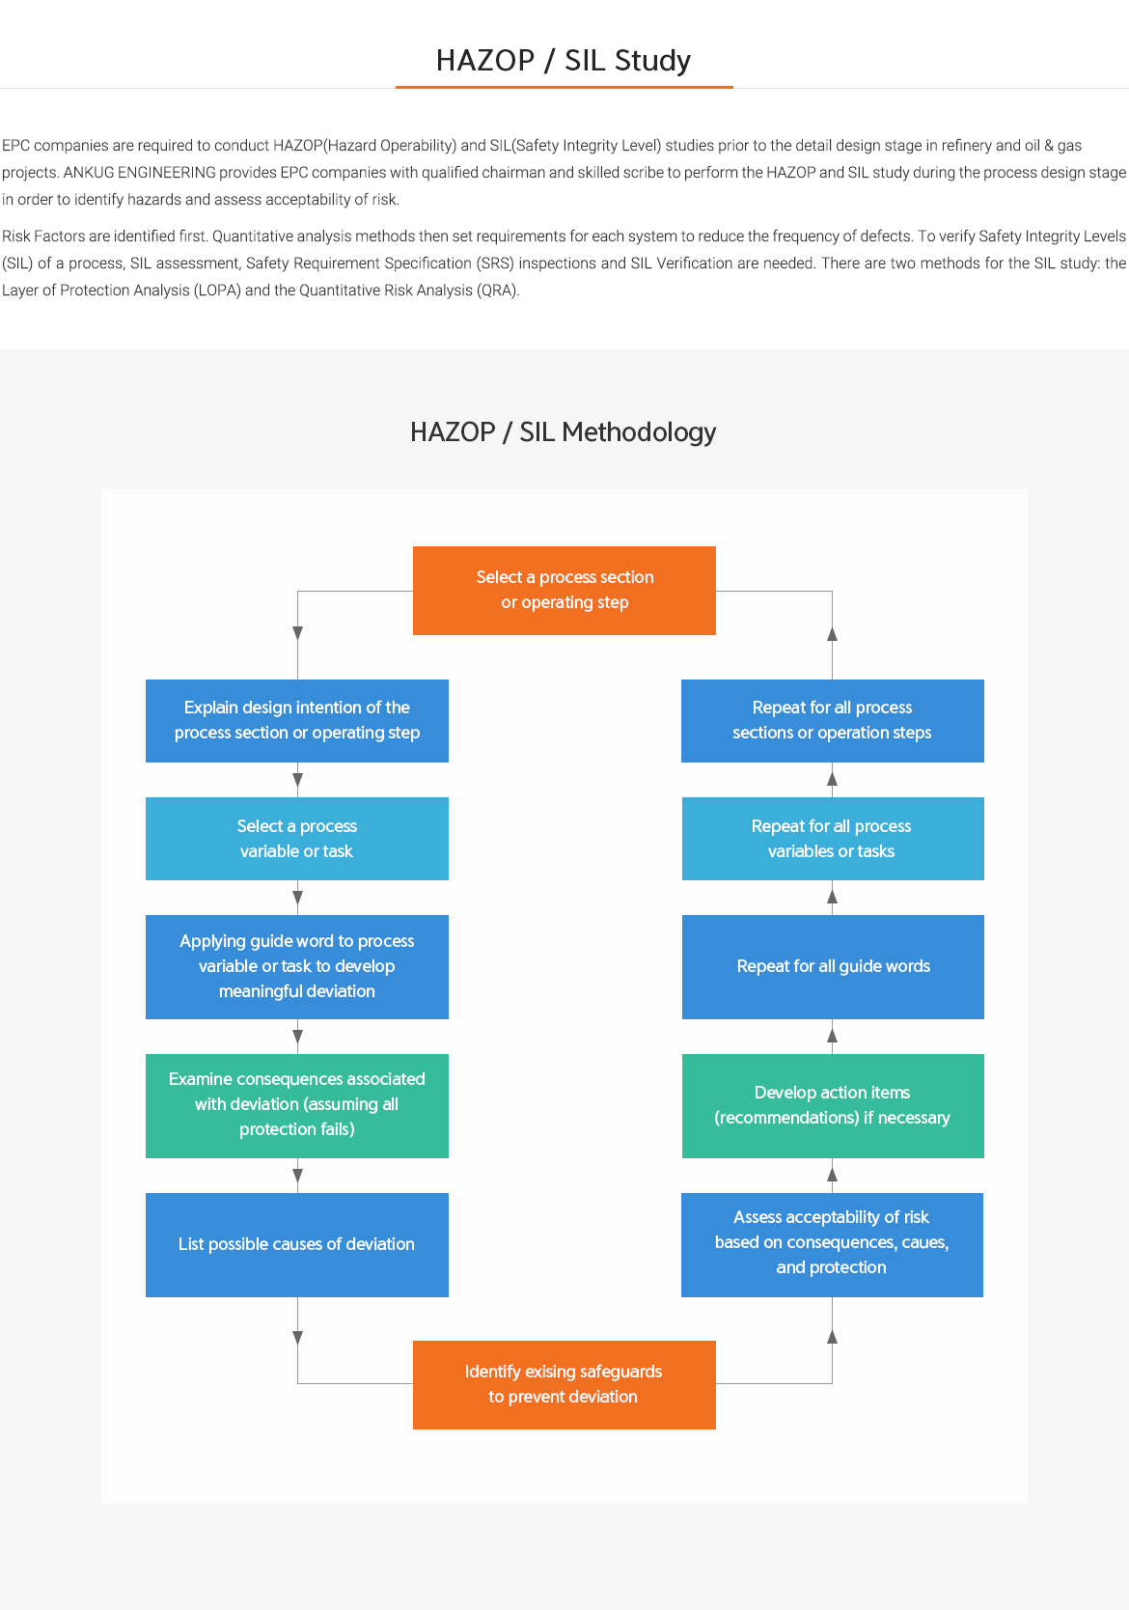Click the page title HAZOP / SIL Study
click(x=564, y=61)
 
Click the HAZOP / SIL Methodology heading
click(x=564, y=432)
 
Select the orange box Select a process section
click(x=564, y=590)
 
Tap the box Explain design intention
click(x=297, y=720)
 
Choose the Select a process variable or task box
click(x=297, y=838)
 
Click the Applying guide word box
click(x=297, y=966)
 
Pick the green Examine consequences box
click(x=297, y=1105)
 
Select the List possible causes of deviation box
click(x=297, y=1244)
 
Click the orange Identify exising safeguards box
click(x=564, y=1384)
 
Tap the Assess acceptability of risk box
click(x=832, y=1244)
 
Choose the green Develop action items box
click(x=832, y=1105)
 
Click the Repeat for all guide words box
click(x=832, y=966)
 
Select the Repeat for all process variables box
click(x=832, y=838)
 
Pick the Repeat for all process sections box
click(x=832, y=720)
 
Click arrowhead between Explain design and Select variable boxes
click(x=297, y=780)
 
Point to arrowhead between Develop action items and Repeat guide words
click(x=832, y=1036)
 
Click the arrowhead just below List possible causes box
click(x=297, y=1338)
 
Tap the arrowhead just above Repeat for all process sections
click(x=832, y=634)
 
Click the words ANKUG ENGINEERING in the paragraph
click(x=139, y=173)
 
